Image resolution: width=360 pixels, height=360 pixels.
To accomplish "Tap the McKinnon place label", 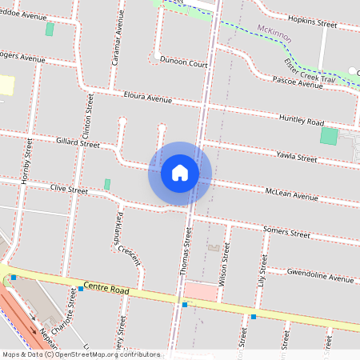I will pyautogui.click(x=274, y=30).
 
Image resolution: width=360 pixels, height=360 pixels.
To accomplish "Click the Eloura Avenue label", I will pyautogui.click(x=148, y=98).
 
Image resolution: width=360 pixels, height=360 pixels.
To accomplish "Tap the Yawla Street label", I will pyautogui.click(x=296, y=157).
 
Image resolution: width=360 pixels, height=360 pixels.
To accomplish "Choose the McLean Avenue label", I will pyautogui.click(x=291, y=194).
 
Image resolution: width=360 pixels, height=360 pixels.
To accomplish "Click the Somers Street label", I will pyautogui.click(x=286, y=234).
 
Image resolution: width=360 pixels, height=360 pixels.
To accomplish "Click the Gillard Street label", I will pyautogui.click(x=78, y=145).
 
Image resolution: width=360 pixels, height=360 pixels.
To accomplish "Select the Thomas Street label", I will pyautogui.click(x=186, y=251).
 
